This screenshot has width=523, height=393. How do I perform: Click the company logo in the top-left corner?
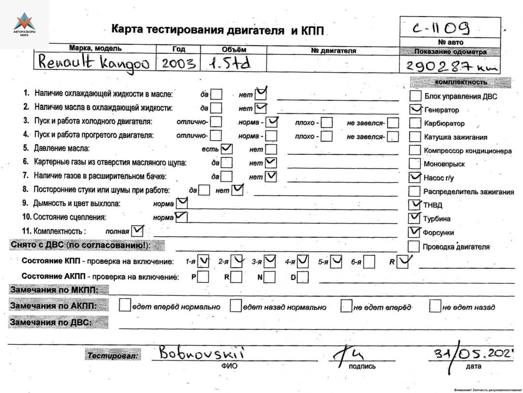[24, 24]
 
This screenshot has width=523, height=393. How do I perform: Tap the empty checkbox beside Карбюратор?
[415, 123]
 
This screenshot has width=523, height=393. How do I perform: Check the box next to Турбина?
[415, 218]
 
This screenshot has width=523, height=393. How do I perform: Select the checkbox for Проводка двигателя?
[415, 246]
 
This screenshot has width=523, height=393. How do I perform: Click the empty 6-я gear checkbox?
[369, 262]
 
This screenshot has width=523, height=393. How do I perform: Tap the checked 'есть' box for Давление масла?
[226, 148]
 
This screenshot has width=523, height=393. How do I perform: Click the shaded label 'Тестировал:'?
[113, 356]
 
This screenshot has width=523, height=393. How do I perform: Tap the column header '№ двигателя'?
[334, 50]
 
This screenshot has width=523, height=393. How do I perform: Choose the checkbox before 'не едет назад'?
[435, 306]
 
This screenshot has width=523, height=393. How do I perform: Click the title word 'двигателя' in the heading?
[256, 31]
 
